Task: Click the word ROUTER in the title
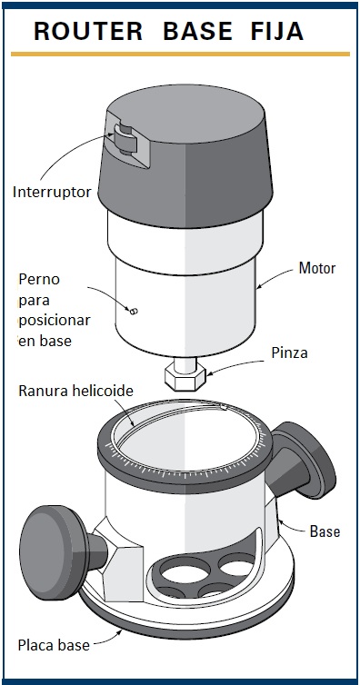coord(88,31)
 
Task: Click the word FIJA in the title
coord(277,31)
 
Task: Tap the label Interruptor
coord(52,192)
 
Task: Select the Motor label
coord(317,268)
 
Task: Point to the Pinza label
coord(289,352)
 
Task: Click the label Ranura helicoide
coord(75,391)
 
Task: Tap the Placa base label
coord(54,645)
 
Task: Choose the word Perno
coord(39,279)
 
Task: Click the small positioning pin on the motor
coord(134,311)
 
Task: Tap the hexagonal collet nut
coord(185,378)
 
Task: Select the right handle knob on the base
coord(310,459)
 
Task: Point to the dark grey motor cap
coord(185,156)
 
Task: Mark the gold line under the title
coord(180,55)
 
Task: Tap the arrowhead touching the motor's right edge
coord(259,287)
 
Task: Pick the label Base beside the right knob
coord(325,531)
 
